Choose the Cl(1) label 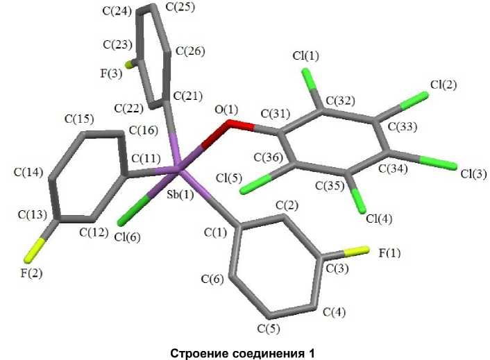(305, 56)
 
